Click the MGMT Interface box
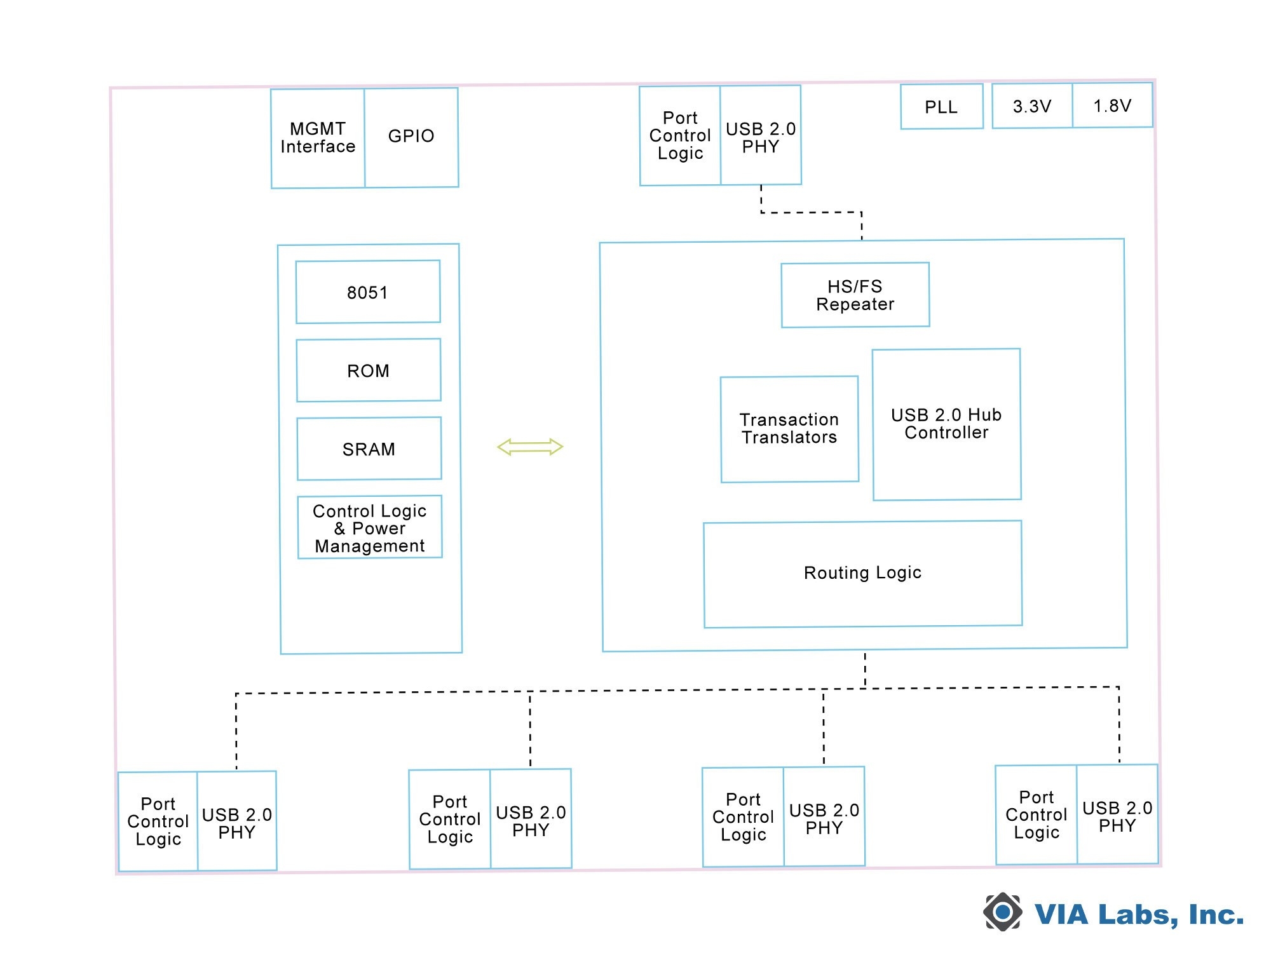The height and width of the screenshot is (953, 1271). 318,138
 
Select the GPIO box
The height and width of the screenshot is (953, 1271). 411,137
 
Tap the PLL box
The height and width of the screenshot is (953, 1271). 941,107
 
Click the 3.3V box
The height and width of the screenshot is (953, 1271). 1032,106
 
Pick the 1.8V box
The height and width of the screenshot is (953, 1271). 1112,105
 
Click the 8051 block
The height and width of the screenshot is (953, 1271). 368,292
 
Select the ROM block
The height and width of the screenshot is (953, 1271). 369,370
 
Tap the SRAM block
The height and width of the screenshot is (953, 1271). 369,449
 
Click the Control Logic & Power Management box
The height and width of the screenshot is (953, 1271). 370,527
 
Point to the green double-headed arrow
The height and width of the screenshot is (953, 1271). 530,447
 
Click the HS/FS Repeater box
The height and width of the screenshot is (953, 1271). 855,295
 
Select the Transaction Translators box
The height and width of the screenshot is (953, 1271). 789,429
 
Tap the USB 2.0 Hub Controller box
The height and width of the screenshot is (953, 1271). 946,424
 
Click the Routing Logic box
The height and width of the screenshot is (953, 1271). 862,573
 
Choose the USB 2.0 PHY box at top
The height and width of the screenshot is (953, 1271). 761,137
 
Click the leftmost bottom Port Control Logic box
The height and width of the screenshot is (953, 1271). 158,821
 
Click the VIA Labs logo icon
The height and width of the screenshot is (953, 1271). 1003,912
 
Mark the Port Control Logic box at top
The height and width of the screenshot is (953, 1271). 680,136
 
